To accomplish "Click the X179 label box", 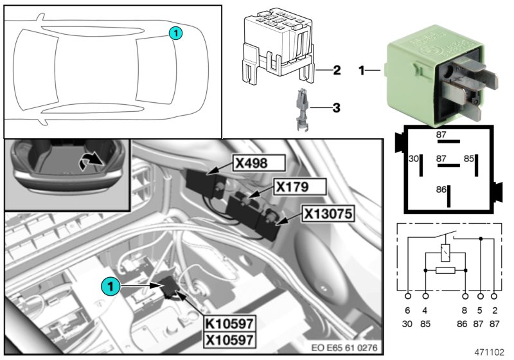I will pyautogui.click(x=299, y=187).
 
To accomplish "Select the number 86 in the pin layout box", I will pyautogui.click(x=441, y=191).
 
